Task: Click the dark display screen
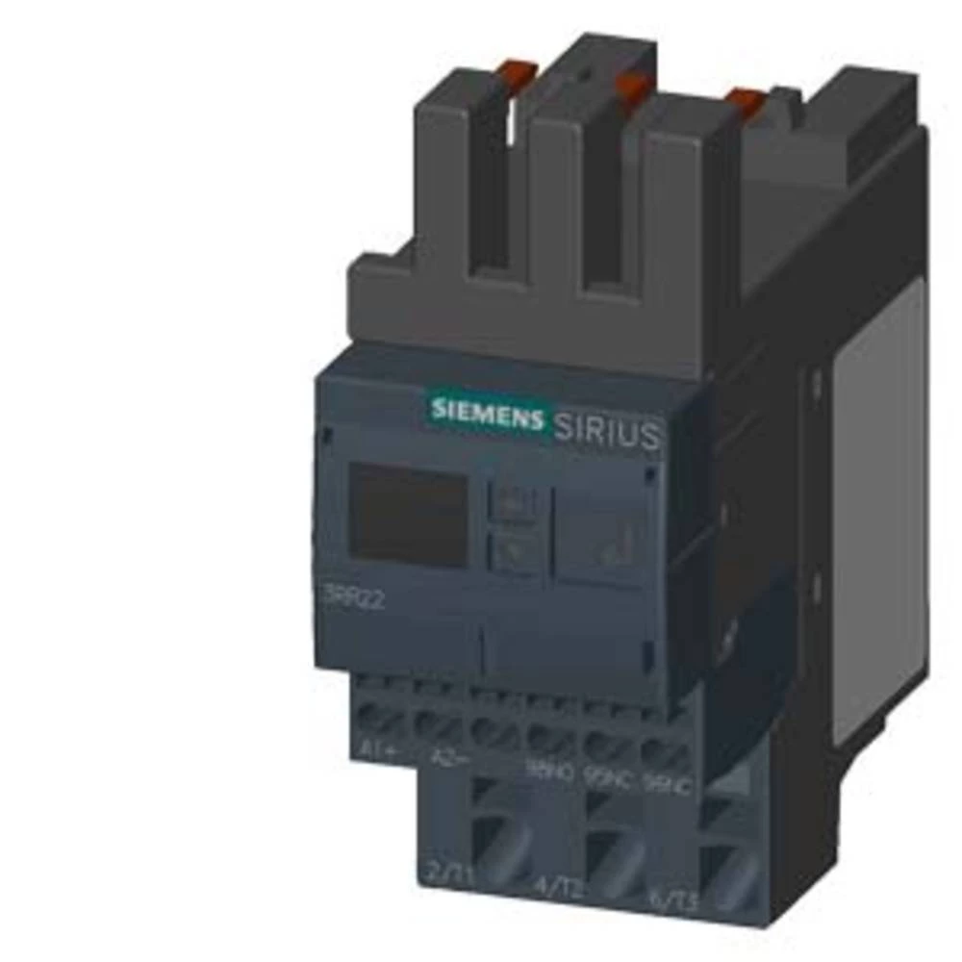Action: (407, 512)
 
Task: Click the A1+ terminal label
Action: (377, 747)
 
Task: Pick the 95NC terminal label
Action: (607, 777)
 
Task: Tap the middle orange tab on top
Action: (633, 87)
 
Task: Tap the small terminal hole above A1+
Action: (379, 715)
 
